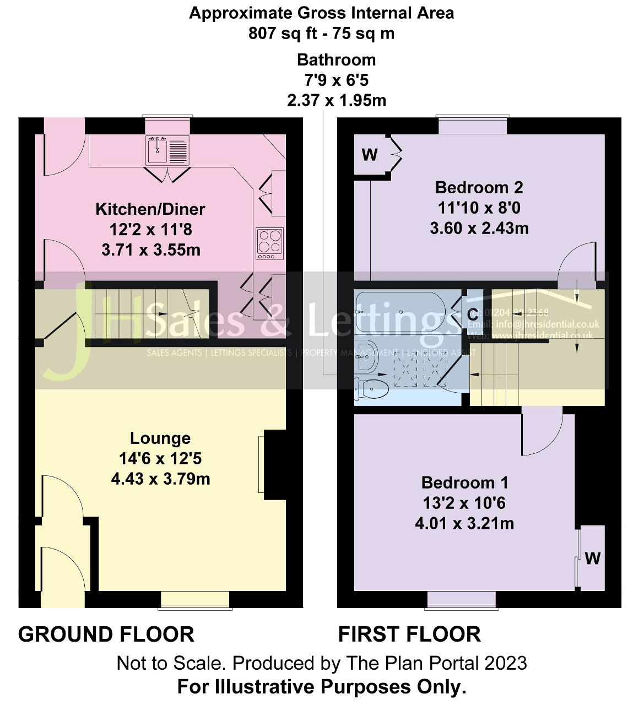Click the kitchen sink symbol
coord(167,149)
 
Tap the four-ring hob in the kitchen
coord(270,243)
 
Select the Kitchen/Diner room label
coord(150,209)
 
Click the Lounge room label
coord(160,438)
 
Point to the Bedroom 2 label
coord(479,188)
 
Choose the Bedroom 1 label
coord(464,483)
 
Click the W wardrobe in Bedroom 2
coord(370,155)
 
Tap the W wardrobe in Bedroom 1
coord(592,558)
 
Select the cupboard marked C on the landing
coord(473,314)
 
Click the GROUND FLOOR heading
coord(106,634)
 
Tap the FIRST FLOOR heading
coord(409,634)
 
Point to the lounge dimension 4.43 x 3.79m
coord(160,479)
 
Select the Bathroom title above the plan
coord(336,60)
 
